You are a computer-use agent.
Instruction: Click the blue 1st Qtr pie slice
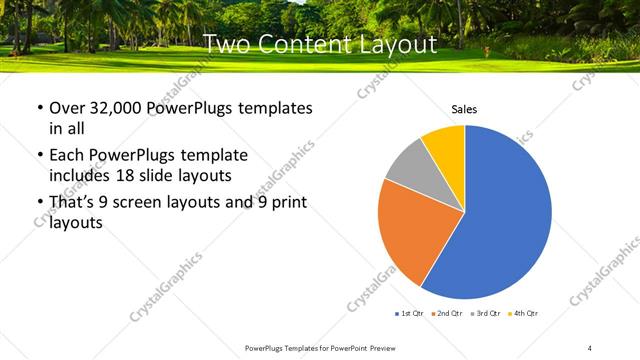(500, 220)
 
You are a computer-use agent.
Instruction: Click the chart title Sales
(464, 109)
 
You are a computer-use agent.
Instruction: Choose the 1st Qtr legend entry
(408, 314)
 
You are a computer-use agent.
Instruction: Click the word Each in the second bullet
(67, 157)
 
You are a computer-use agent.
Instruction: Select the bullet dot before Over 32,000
(38, 108)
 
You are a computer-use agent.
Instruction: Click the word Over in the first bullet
(68, 108)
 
